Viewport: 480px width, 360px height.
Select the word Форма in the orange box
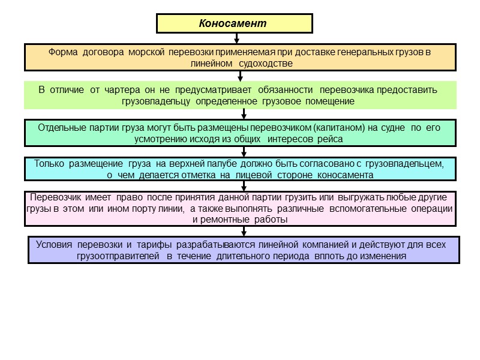(x=62, y=52)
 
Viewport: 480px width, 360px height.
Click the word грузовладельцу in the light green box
(x=155, y=101)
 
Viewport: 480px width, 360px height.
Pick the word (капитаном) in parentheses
(x=341, y=128)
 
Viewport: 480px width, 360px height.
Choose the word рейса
(x=331, y=139)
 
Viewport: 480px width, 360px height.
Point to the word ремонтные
(x=227, y=220)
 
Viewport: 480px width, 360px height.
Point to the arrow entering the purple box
(x=244, y=232)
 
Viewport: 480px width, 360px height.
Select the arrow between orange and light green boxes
(x=240, y=76)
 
